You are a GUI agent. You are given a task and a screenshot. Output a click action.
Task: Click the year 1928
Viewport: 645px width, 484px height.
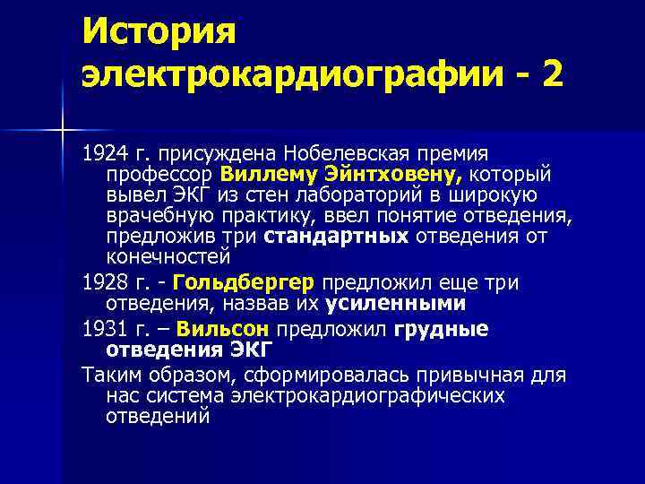pos(102,282)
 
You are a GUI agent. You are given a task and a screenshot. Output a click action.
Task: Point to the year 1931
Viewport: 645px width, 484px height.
pos(102,327)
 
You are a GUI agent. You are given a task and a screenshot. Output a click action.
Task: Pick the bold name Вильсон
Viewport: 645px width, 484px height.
pos(229,327)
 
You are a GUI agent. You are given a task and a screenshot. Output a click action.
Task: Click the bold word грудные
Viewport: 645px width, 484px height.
pos(442,327)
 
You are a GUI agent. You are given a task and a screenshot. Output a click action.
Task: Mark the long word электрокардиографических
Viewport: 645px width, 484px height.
pos(354,394)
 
